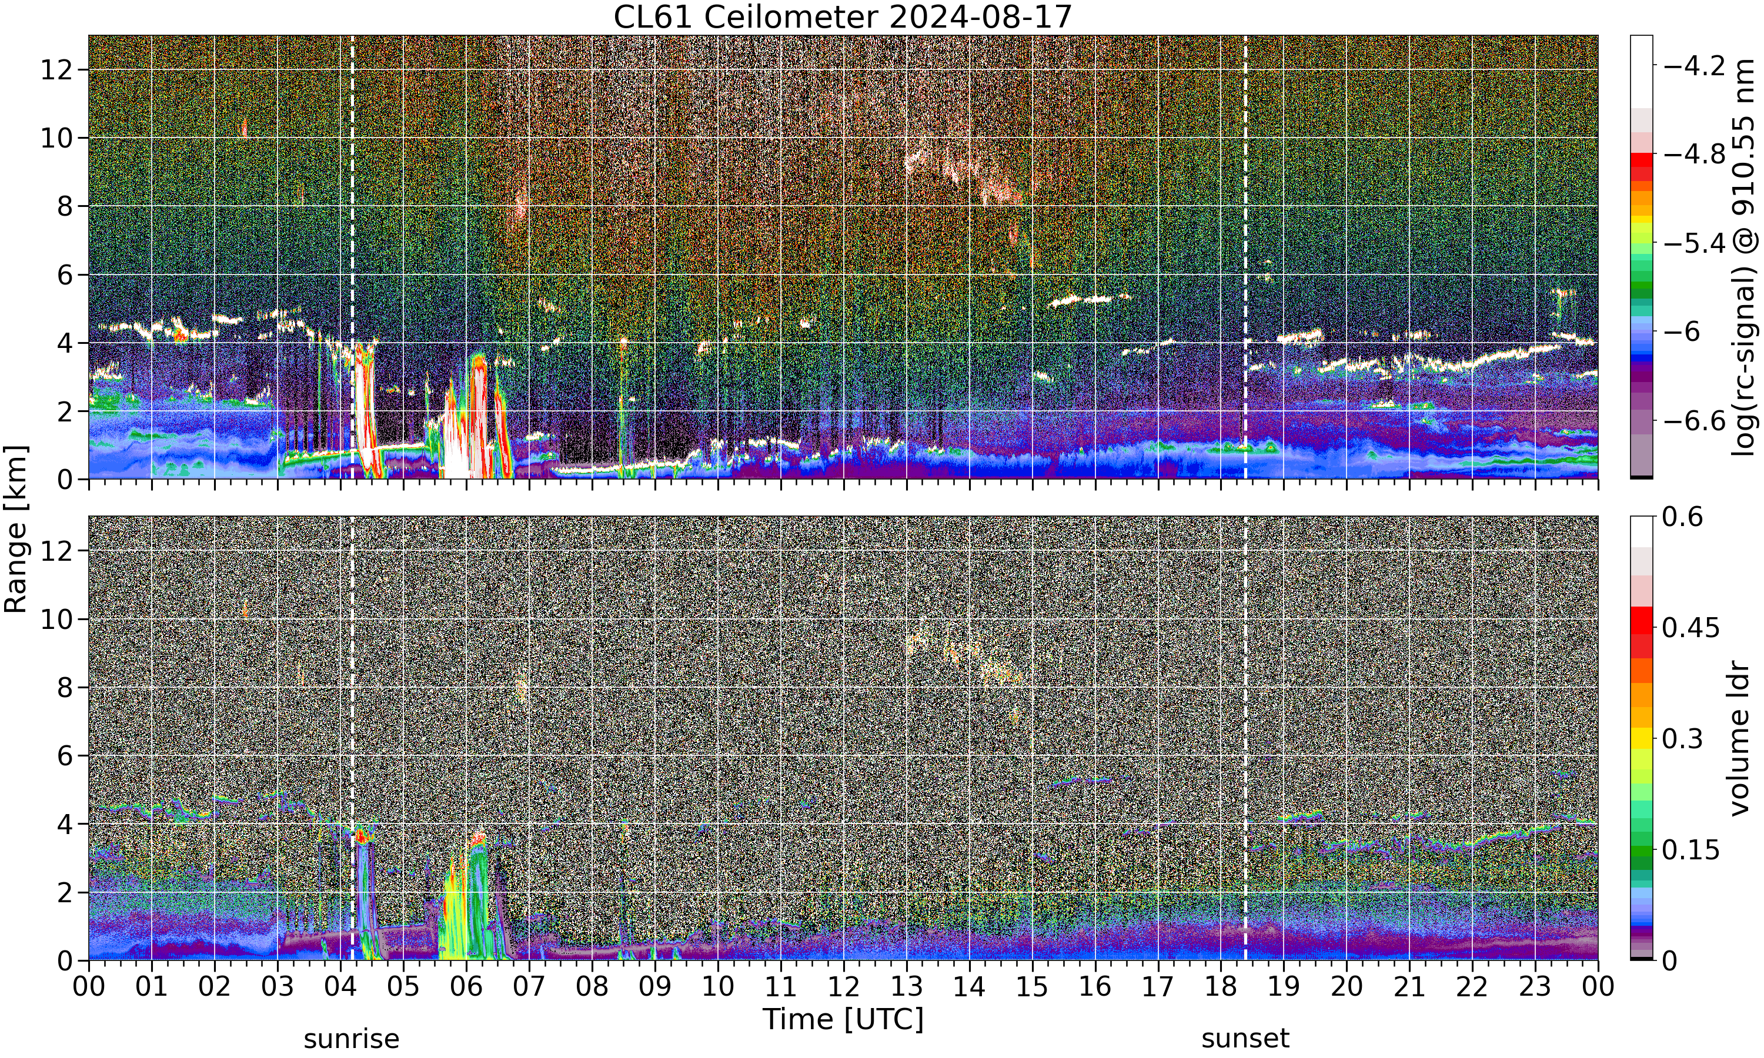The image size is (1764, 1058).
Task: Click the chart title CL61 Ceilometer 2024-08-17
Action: [843, 17]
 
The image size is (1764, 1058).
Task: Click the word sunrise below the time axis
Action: [352, 1039]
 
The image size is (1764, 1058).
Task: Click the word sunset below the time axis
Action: [1245, 1039]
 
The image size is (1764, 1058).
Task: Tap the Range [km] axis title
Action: [16, 529]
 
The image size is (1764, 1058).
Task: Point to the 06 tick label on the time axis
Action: [466, 987]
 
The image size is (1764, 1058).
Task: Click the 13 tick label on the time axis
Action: [906, 987]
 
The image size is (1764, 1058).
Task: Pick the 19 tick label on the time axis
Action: [1284, 987]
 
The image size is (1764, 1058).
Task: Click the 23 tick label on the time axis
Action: [1535, 987]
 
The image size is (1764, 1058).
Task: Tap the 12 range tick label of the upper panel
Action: [56, 70]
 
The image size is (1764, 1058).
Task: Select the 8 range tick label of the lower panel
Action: [64, 687]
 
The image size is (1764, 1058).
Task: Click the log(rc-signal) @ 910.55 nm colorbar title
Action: [1744, 257]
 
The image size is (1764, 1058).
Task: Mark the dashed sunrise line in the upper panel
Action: [352, 257]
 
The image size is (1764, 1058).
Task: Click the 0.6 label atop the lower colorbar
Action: [1683, 517]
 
